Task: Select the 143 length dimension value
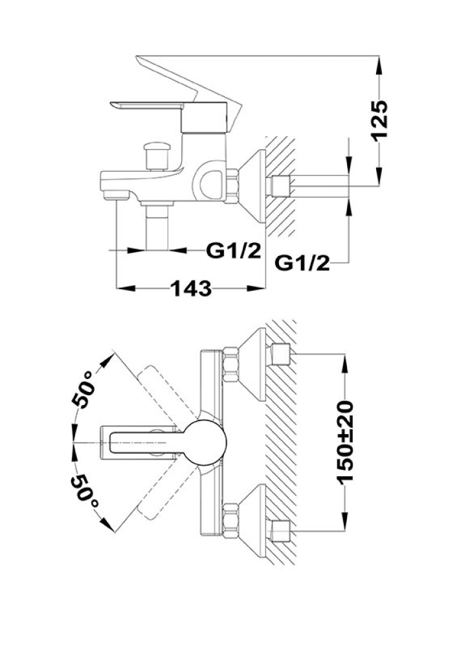coord(191,288)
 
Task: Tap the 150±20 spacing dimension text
coord(345,441)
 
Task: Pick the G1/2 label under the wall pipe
coord(302,262)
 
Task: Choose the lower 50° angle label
coord(85,492)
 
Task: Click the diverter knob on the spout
coord(156,156)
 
